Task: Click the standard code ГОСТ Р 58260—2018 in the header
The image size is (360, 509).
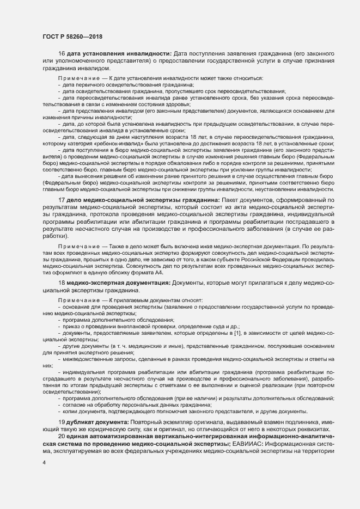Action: (72, 36)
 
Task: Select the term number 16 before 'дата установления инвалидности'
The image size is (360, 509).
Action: (62, 53)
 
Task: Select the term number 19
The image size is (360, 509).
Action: (62, 423)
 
